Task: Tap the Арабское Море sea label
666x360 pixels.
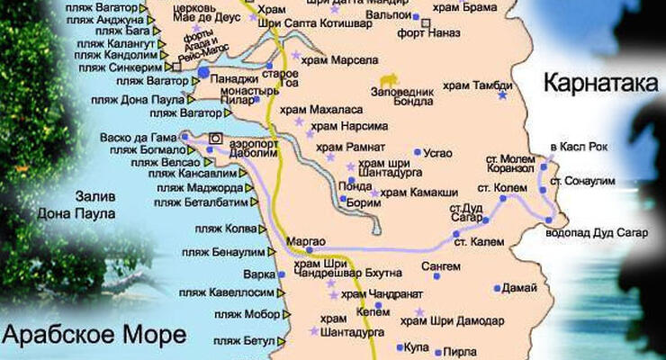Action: coord(94,335)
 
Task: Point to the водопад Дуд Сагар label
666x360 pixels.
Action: coord(596,232)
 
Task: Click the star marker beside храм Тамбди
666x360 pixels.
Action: coord(502,94)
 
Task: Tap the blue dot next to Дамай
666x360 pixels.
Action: coord(497,289)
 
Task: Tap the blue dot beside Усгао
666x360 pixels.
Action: coord(418,153)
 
